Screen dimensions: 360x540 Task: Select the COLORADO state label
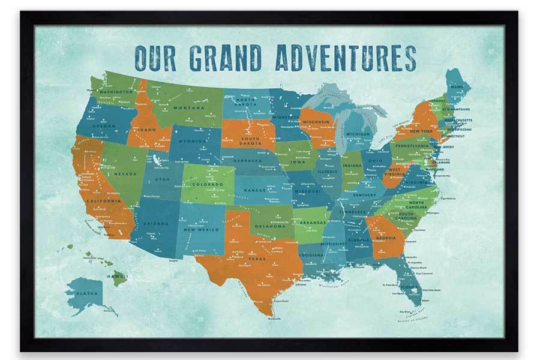click(208, 184)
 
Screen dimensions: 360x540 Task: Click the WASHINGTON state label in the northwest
click(116, 92)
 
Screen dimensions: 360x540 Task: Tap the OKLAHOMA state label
click(268, 226)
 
